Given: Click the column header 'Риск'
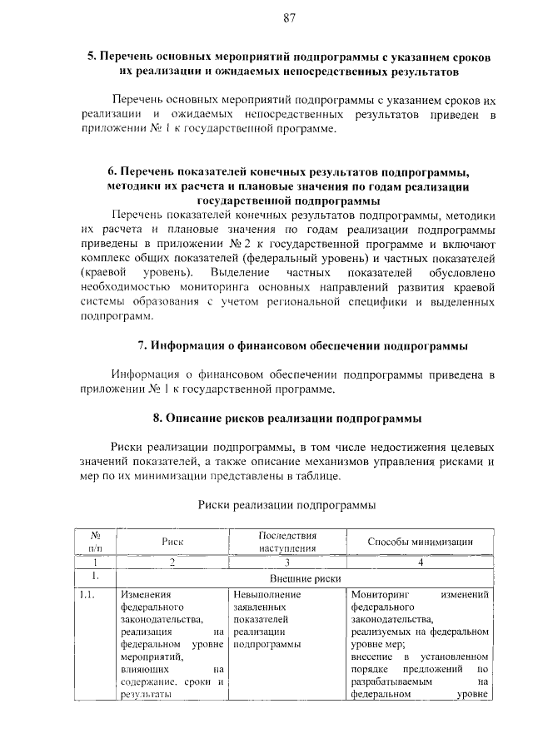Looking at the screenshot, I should pyautogui.click(x=172, y=542).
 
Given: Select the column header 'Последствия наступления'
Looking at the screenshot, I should pyautogui.click(x=286, y=542).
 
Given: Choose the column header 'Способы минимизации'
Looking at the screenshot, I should pyautogui.click(x=421, y=542).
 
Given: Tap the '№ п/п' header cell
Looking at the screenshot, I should pyautogui.click(x=96, y=542).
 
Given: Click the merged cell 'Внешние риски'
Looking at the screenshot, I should pyautogui.click(x=305, y=577).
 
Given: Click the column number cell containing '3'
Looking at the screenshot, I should pyautogui.click(x=286, y=562).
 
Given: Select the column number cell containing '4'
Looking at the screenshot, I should pyautogui.click(x=421, y=562).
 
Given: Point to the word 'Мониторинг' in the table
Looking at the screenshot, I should pyautogui.click(x=379, y=595).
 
